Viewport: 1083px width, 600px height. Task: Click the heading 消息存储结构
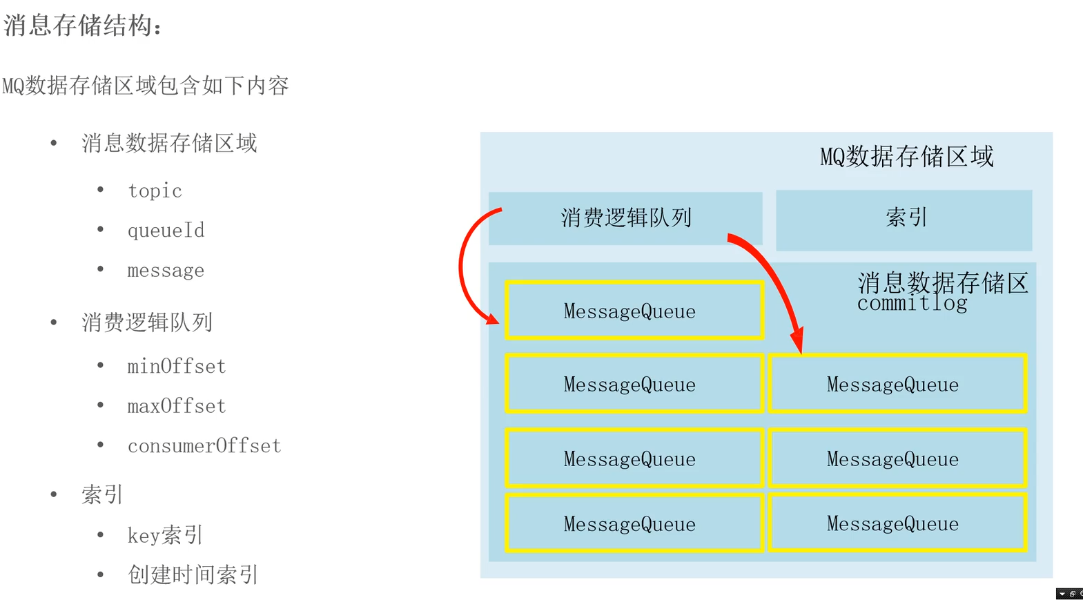(x=82, y=26)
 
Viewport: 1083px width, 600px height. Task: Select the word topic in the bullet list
(x=155, y=191)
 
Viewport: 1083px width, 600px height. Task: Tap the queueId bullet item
(x=166, y=231)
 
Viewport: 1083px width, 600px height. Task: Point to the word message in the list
(x=166, y=271)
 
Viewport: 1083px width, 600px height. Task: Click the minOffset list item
(x=177, y=366)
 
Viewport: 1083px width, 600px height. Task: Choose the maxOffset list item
(x=177, y=406)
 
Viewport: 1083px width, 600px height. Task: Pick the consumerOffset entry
(x=204, y=446)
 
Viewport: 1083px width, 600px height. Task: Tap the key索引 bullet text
(x=165, y=535)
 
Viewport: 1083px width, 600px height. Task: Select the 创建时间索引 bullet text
(x=193, y=574)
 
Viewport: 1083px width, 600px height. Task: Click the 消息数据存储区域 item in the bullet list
(x=169, y=144)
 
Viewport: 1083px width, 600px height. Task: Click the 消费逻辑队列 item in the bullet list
(x=147, y=322)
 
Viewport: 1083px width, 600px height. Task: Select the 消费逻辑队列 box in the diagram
(x=625, y=218)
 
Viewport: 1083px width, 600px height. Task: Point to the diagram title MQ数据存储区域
(x=906, y=157)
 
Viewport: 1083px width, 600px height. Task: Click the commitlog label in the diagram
(x=912, y=304)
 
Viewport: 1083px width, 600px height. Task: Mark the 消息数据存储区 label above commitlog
(x=943, y=283)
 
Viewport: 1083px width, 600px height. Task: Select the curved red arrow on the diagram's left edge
(x=462, y=266)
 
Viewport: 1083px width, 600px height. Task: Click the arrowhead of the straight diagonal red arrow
(x=798, y=341)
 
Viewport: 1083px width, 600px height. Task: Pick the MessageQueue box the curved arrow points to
(x=634, y=311)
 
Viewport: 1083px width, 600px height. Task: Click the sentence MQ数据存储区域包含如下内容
(x=146, y=86)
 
